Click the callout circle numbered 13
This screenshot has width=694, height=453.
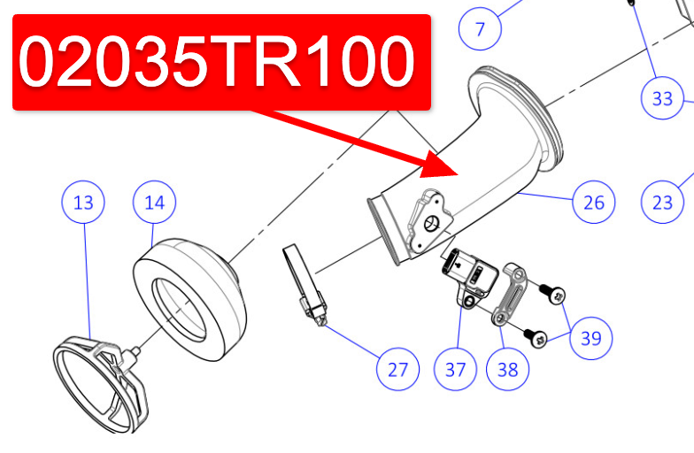tap(83, 203)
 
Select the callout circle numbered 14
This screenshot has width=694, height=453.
tap(154, 203)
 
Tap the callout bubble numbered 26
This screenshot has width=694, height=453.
tap(593, 203)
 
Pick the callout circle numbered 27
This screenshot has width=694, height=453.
tap(398, 368)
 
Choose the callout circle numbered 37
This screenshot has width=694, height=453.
tap(455, 368)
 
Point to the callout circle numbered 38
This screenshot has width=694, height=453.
tap(507, 368)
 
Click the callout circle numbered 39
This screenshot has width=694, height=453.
tap(590, 336)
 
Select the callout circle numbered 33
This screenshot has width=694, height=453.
tap(662, 99)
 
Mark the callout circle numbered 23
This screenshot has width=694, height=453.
tap(662, 203)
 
